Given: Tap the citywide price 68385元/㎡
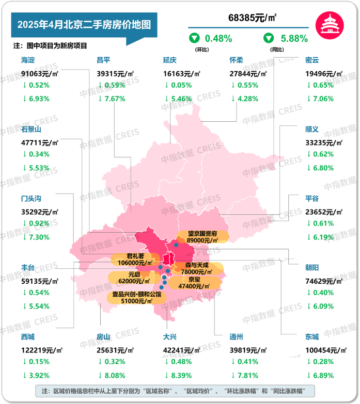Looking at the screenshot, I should tap(252, 18).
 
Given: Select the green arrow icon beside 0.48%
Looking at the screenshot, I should tap(194, 38).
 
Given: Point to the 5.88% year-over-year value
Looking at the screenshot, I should tap(294, 38).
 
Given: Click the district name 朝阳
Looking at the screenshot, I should tap(312, 267).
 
